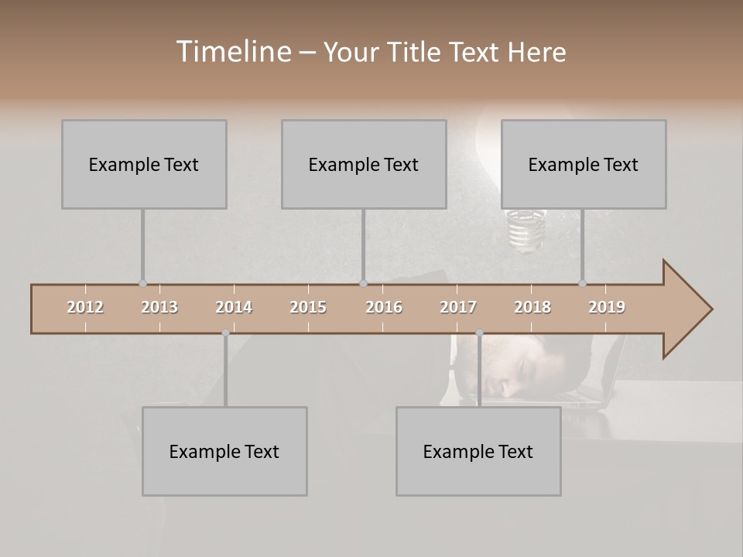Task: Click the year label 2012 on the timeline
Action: [85, 307]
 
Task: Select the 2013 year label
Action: [159, 307]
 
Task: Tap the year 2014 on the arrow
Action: [234, 307]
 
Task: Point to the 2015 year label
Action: [308, 307]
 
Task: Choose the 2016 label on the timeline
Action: [384, 307]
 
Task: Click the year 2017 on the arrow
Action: [458, 307]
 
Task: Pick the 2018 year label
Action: [532, 307]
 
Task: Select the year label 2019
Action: [607, 307]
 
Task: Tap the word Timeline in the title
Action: [232, 52]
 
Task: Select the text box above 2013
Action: [144, 164]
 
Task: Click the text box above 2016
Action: [364, 164]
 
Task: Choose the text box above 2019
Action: [584, 164]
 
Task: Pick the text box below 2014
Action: [224, 451]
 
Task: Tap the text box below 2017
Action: [478, 451]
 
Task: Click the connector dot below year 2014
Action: [225, 333]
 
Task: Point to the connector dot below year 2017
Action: [479, 333]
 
